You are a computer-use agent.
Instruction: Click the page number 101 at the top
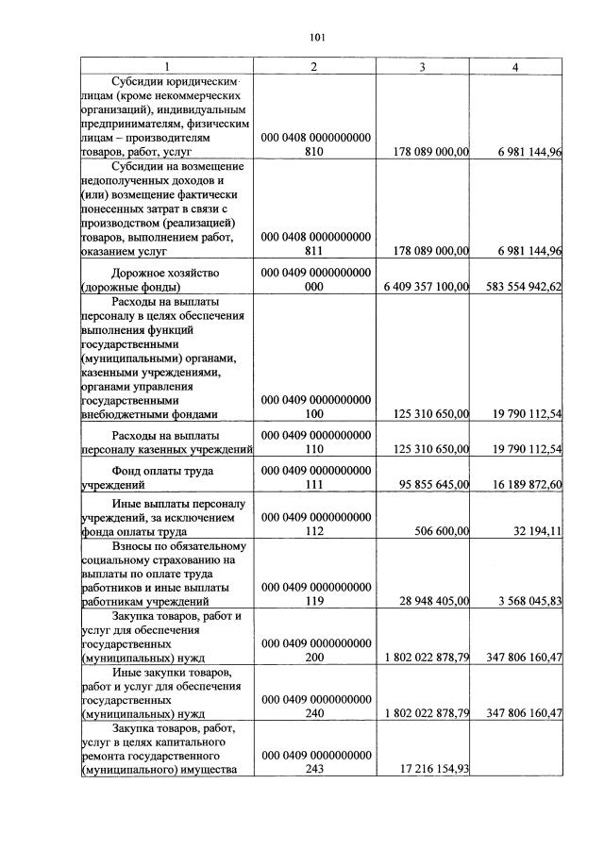tap(316, 38)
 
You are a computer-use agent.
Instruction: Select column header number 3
tap(422, 67)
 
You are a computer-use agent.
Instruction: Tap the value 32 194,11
tap(536, 531)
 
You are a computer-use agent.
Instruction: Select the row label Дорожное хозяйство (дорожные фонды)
tap(166, 279)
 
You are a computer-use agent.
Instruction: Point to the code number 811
tap(315, 251)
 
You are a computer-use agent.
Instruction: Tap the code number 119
tap(315, 601)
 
